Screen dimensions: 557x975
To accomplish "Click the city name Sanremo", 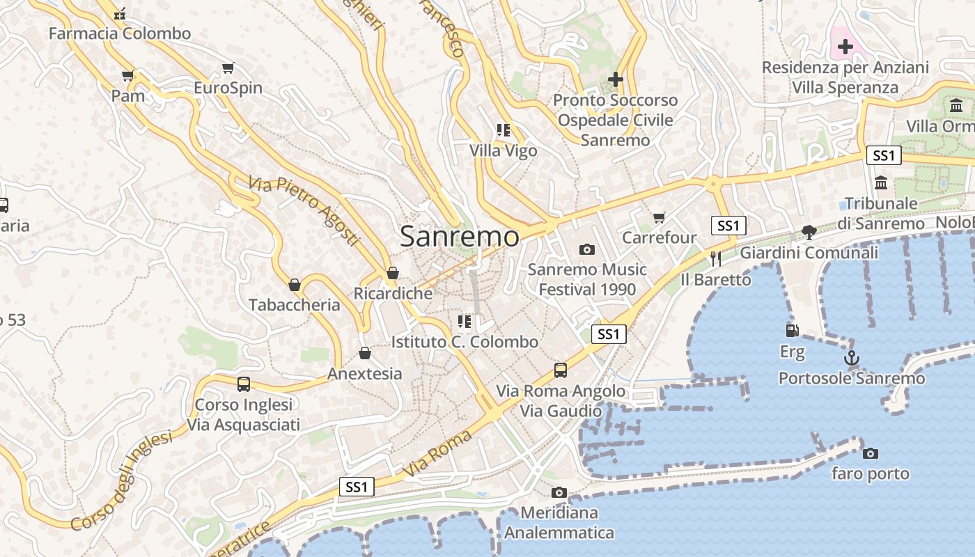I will pos(460,237).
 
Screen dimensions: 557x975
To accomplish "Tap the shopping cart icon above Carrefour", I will pos(660,217).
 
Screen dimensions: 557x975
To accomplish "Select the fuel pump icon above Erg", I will pos(792,330).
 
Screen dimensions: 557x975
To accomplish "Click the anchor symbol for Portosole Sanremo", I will pos(851,358).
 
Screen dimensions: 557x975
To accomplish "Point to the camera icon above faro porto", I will pos(870,453).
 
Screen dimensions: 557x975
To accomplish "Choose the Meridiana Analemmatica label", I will pos(559,523).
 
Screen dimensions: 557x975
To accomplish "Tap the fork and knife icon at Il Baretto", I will pos(716,258).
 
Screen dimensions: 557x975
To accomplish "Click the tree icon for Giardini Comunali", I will pos(809,232).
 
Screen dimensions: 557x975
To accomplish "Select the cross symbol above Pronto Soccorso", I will pos(615,79).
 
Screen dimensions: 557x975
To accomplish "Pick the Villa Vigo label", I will pos(503,150).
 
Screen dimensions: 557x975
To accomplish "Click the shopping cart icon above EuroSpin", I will pos(228,68).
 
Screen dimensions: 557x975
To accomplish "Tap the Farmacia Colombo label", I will pos(120,33).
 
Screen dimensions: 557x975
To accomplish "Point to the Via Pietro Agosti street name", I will pos(304,211).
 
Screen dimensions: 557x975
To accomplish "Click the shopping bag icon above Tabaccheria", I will pos(295,285).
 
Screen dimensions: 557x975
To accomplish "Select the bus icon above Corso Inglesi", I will pos(244,384).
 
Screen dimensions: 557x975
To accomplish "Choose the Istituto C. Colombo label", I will pos(465,342).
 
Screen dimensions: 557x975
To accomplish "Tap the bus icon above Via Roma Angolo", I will pos(561,370).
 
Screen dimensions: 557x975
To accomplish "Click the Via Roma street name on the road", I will pos(438,454).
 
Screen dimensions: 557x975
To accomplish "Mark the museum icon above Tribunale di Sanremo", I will pos(881,182).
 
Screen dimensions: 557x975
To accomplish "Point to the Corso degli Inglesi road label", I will pos(121,481).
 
